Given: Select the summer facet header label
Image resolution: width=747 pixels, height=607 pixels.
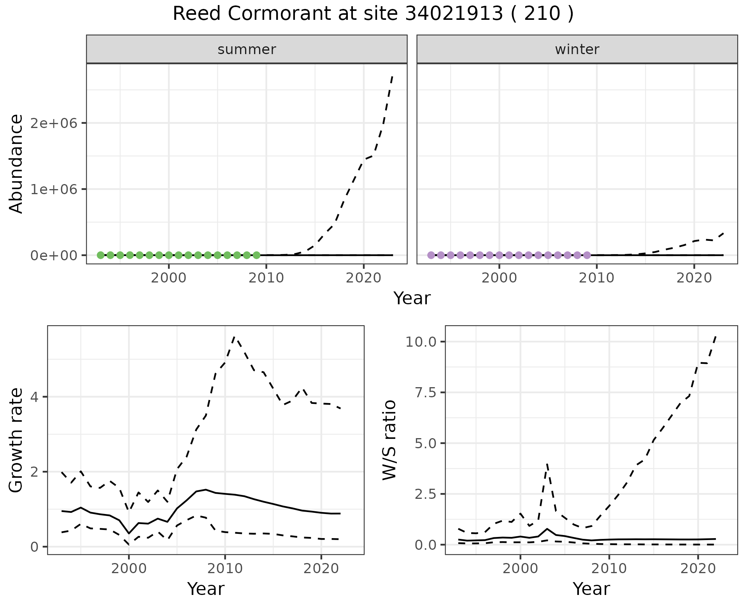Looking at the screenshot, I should coord(247,49).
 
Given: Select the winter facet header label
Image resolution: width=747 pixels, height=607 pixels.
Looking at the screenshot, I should coord(577,49).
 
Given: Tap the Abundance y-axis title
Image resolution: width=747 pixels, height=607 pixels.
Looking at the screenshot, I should coord(16,164).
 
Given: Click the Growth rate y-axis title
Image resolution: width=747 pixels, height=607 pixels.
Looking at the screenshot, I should coord(16,440).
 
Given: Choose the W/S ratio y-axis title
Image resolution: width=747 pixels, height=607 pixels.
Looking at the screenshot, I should coord(389,440).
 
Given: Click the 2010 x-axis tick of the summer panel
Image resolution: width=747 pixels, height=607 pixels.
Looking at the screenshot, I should coord(266,278).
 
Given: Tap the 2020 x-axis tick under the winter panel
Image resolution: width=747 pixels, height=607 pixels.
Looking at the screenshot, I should coord(694,278).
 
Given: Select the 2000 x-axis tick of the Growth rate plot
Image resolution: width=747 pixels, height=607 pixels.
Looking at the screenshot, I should coord(129,568).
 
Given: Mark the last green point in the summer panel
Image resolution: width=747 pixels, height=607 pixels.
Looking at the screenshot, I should coord(256,255).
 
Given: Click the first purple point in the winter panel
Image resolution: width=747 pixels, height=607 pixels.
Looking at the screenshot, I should coord(431,255).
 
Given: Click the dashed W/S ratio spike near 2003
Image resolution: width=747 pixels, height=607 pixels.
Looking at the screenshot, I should coord(547,464).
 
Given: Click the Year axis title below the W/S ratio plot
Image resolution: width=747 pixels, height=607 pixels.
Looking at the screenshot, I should coord(591,589).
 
